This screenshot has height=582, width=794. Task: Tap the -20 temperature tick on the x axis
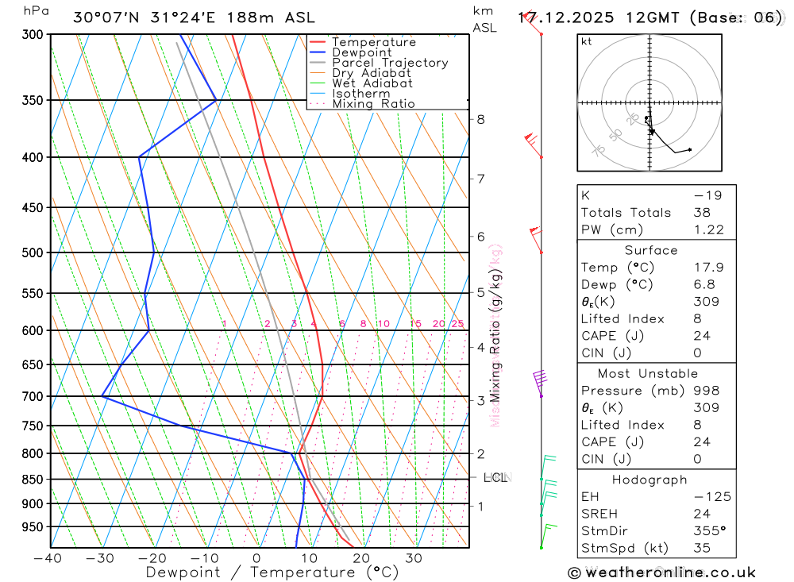pyautogui.click(x=152, y=558)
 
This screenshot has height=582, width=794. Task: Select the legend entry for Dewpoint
pyautogui.click(x=362, y=52)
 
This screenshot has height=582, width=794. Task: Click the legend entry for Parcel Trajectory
pyautogui.click(x=390, y=63)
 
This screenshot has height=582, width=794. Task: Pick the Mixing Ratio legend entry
pyautogui.click(x=373, y=104)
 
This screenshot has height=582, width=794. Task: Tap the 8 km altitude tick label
pyautogui.click(x=480, y=119)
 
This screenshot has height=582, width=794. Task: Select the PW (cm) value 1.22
pyautogui.click(x=708, y=229)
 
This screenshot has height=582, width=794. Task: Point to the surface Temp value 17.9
pyautogui.click(x=708, y=268)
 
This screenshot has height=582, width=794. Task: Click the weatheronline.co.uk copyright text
pyautogui.click(x=662, y=572)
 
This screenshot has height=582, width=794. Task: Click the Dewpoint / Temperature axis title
pyautogui.click(x=272, y=572)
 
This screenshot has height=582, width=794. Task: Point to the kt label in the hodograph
pyautogui.click(x=587, y=41)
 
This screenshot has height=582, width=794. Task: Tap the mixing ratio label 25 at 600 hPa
pyautogui.click(x=457, y=324)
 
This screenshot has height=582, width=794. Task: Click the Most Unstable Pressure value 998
pyautogui.click(x=705, y=391)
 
